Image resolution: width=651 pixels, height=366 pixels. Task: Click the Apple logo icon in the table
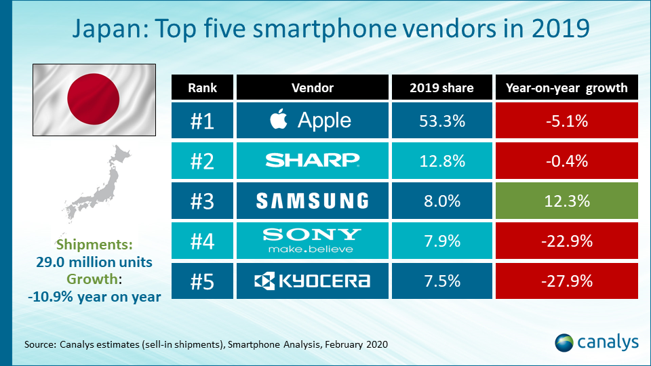[x=277, y=120]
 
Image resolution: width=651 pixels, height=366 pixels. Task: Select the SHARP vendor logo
[x=312, y=160]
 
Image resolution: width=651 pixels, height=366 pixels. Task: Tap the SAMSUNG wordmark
[x=313, y=200]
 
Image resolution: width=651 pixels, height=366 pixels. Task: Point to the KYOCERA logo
[x=313, y=280]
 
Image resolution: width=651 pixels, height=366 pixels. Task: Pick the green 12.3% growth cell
[x=567, y=200]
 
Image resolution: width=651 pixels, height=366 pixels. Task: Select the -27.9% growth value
[x=567, y=280]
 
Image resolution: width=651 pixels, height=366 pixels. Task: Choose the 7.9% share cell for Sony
[x=441, y=240]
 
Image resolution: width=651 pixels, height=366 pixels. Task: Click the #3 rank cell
[x=201, y=200]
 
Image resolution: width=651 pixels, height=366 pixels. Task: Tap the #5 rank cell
[x=201, y=280]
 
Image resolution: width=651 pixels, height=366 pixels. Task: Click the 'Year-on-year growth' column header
[x=567, y=87]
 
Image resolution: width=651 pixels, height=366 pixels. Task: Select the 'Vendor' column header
[x=313, y=87]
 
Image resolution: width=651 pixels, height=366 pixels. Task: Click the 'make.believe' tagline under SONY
[x=313, y=249]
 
